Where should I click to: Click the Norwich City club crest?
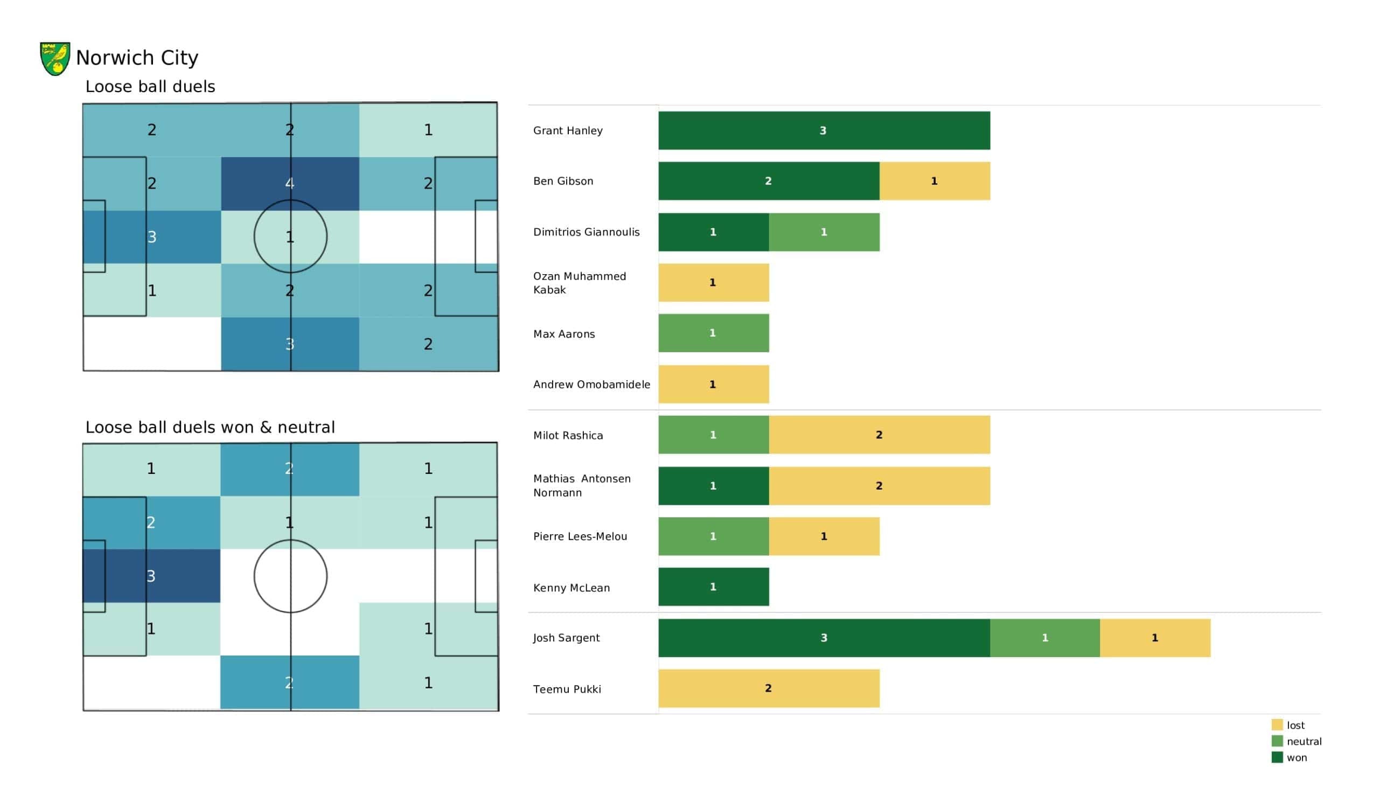point(55,59)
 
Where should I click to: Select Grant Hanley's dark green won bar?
point(824,130)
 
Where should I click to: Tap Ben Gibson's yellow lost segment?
point(935,180)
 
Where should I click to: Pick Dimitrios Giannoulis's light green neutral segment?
point(824,232)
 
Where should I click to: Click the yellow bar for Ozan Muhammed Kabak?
point(714,282)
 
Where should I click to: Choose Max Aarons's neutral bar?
point(714,333)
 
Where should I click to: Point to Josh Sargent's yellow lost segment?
point(1155,638)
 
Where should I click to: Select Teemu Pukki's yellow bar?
point(769,688)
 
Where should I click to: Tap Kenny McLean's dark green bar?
point(714,586)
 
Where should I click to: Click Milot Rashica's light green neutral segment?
point(714,435)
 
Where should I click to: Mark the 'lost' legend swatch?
point(1277,724)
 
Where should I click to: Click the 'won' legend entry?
point(1289,757)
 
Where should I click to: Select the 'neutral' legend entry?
point(1297,741)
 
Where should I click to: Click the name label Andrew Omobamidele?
point(591,384)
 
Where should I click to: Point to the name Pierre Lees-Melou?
point(580,536)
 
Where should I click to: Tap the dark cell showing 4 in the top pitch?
point(290,183)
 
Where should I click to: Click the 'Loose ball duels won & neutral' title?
point(210,427)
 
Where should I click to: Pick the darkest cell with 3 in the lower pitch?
point(151,576)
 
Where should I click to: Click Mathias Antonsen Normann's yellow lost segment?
point(880,485)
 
